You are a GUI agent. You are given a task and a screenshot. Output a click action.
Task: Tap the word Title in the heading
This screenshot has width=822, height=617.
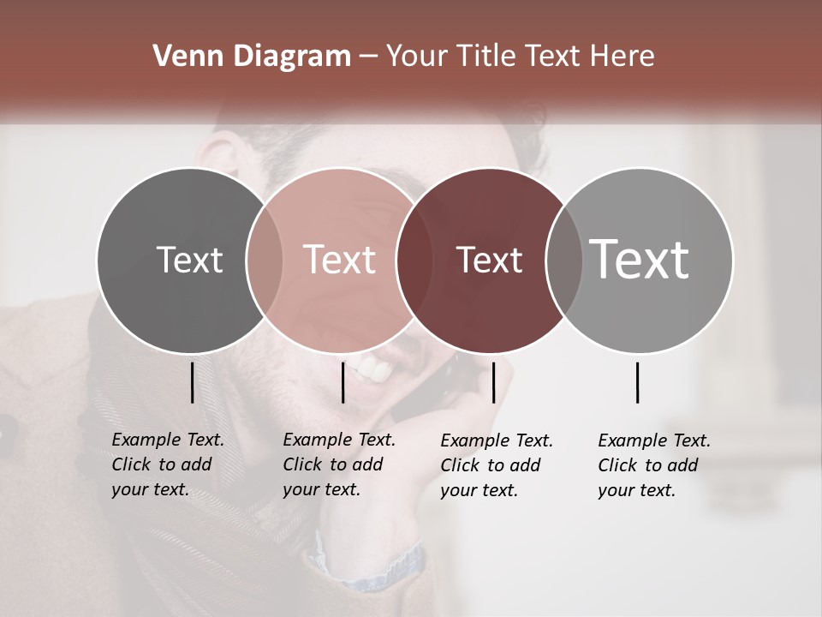click(488, 57)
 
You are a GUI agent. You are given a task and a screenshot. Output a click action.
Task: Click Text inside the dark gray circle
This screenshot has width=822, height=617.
click(189, 260)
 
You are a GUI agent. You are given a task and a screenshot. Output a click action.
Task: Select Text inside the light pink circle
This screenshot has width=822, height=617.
click(340, 260)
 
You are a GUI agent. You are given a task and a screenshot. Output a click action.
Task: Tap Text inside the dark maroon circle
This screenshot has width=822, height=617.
click(489, 260)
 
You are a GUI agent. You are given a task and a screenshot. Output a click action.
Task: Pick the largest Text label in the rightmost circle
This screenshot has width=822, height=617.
click(640, 260)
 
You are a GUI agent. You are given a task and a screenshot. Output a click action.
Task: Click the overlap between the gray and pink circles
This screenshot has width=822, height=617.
click(264, 260)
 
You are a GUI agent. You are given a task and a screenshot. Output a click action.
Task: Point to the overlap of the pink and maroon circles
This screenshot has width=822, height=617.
click(414, 260)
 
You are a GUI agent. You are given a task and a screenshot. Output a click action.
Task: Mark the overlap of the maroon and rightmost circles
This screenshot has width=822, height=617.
click(563, 260)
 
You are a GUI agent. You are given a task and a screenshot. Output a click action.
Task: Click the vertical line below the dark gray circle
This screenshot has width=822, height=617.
click(192, 382)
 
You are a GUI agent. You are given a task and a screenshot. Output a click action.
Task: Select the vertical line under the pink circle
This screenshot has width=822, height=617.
click(342, 382)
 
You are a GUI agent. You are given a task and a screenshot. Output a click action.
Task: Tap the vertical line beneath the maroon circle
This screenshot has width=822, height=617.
click(493, 382)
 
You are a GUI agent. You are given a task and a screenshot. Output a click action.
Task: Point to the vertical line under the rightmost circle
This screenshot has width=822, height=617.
click(637, 382)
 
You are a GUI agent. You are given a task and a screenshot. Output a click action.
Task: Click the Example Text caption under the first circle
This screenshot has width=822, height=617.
click(167, 464)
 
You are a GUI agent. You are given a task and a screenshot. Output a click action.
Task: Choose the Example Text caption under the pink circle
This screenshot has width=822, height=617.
click(338, 464)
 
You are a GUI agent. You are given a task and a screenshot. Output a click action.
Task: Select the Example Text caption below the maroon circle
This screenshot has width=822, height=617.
click(496, 465)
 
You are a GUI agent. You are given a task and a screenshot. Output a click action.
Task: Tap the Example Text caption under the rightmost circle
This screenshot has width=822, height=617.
click(653, 465)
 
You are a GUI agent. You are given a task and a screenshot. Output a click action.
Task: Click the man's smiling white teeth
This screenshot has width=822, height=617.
click(374, 370)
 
